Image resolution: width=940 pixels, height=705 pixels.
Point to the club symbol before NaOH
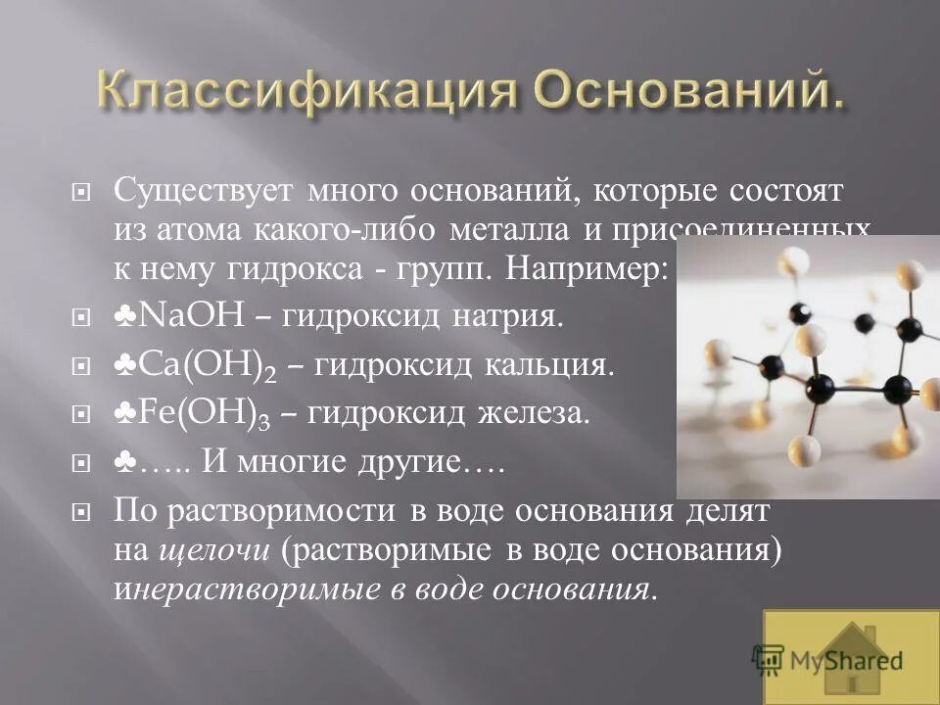point(125,315)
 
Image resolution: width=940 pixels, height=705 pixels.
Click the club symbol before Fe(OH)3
point(125,413)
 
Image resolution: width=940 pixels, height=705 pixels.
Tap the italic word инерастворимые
point(258,588)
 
